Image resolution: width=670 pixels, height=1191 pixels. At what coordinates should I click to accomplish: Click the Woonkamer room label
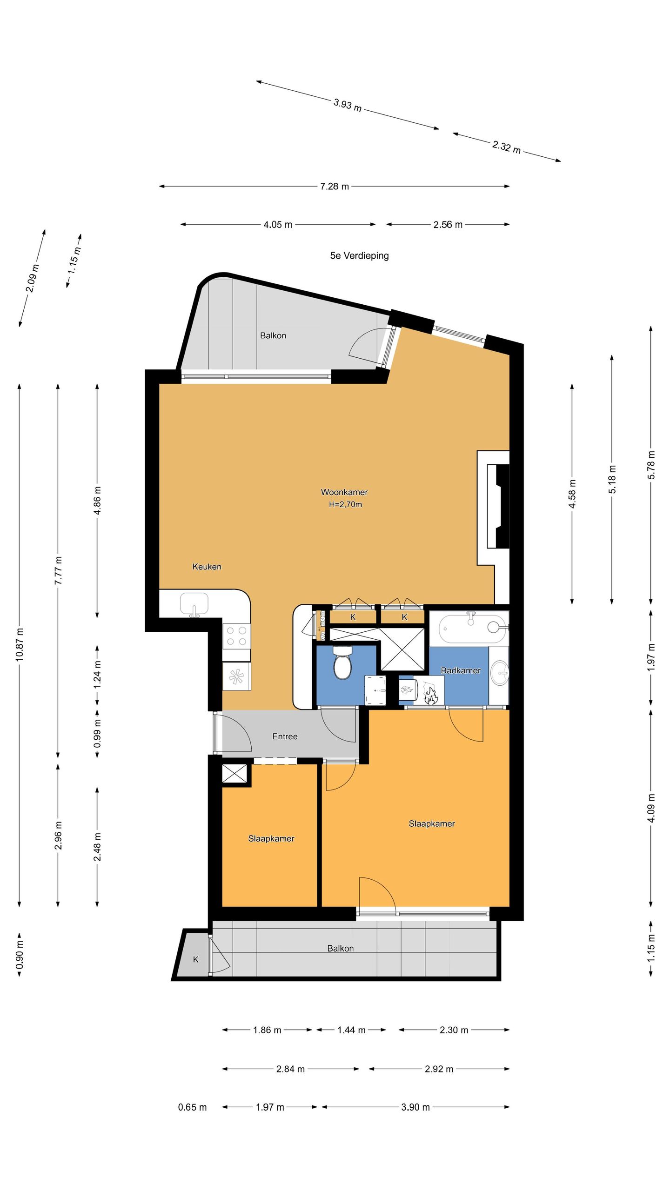344,492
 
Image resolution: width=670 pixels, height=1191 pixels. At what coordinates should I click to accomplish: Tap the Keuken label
207,567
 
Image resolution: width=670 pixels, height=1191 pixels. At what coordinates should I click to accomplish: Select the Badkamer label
461,670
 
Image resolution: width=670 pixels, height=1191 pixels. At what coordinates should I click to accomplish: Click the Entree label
285,736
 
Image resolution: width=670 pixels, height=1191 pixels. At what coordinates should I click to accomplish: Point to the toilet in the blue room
343,662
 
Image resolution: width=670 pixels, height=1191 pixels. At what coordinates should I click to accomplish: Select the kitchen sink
194,604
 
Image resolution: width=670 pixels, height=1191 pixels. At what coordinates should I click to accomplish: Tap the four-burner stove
236,636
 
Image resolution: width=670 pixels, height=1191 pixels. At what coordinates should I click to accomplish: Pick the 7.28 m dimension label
335,187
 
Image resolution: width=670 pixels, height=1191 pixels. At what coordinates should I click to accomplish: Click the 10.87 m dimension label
19,644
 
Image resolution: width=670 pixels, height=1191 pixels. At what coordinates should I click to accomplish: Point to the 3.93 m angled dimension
348,105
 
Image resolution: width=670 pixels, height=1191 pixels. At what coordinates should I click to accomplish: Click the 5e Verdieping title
360,255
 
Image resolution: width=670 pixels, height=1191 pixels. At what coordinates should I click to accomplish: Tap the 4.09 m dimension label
651,808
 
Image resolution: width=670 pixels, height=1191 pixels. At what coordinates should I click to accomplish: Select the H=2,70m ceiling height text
345,504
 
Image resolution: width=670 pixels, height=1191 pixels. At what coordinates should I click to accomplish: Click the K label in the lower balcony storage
196,959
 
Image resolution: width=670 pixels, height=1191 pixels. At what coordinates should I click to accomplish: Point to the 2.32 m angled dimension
506,147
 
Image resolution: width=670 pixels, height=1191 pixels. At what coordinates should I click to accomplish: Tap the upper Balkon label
273,335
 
